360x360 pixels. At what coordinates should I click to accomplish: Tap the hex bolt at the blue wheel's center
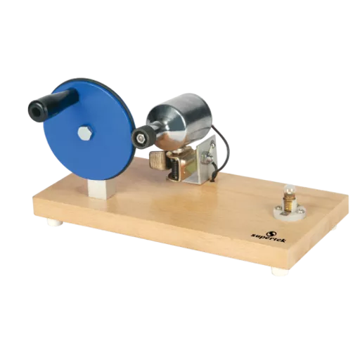[x=85, y=133]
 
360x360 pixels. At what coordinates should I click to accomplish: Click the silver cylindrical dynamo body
[x=180, y=120]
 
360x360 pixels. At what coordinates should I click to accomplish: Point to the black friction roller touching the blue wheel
[x=143, y=136]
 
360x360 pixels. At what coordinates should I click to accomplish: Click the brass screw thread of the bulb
[x=288, y=202]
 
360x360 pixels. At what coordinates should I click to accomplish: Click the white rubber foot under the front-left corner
[x=56, y=221]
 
